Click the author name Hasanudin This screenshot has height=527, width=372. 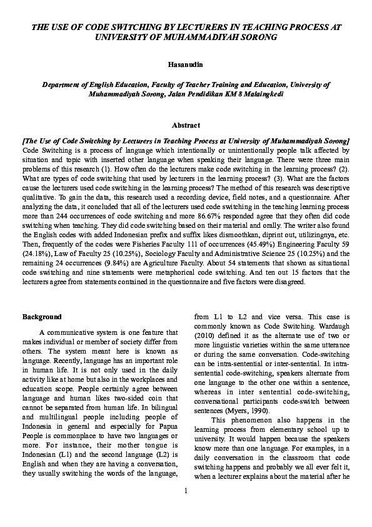[x=186, y=64]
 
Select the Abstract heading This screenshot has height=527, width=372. [x=186, y=125]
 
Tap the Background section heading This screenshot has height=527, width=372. [x=42, y=317]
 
